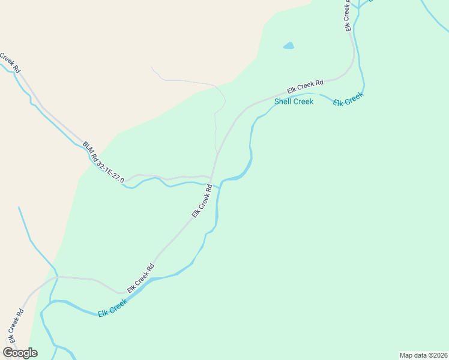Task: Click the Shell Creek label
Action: pos(294,101)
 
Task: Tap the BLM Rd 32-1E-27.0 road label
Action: pos(103,163)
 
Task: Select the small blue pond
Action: pos(289,46)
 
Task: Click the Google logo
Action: pos(20,353)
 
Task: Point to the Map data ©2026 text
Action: pos(423,355)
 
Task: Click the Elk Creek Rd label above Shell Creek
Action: pos(305,86)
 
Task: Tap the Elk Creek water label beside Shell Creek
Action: pos(349,99)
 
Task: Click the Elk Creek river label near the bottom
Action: pos(112,308)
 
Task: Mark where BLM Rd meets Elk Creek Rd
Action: pos(211,178)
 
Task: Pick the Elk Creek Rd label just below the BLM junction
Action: pos(202,200)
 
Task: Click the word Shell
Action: pos(284,101)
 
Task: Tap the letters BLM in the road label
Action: pos(88,147)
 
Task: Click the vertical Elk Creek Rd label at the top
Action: pos(348,16)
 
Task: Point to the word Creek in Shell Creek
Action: pos(304,101)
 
